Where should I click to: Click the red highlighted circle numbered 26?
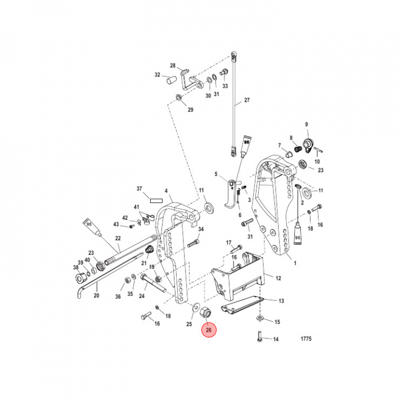click(209, 330)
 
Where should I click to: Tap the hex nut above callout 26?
click(206, 313)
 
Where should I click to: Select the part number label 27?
click(246, 102)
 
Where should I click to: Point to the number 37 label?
click(140, 188)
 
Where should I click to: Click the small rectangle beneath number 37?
click(155, 199)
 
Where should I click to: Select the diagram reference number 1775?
click(305, 339)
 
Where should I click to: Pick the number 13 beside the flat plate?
click(281, 301)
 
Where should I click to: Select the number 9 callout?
click(307, 124)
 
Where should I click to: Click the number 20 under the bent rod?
click(96, 295)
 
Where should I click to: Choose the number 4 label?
click(166, 191)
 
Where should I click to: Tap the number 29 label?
click(190, 110)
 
